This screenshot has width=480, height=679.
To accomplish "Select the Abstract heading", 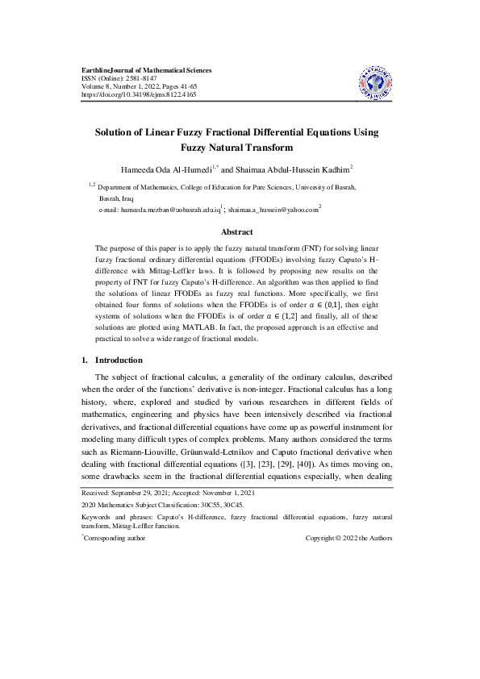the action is click(x=237, y=231).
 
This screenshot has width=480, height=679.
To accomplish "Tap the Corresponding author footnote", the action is click(x=115, y=538).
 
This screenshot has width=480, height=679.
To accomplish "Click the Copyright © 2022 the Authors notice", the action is click(x=349, y=538).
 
